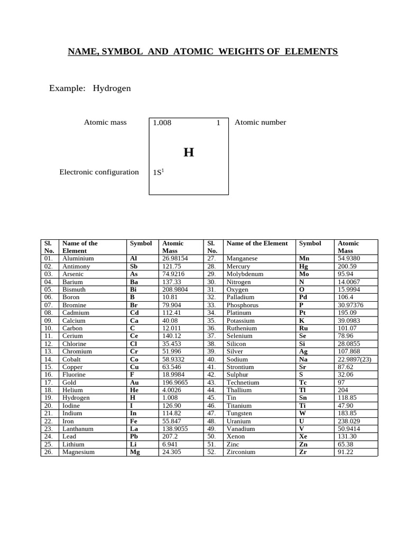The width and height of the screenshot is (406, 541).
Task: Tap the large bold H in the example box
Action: pos(189,153)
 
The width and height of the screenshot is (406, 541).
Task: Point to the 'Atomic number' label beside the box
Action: pos(260,123)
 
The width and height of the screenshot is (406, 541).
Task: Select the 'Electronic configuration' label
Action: pos(99,172)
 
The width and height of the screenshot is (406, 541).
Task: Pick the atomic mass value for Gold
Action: pos(175,383)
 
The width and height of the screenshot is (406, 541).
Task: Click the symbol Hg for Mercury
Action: pos(304,266)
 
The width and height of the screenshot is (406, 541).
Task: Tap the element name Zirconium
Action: pos(241,452)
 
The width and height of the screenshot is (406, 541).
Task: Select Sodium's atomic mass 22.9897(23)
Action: pos(354,359)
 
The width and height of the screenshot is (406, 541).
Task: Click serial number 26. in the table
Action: pos(49,452)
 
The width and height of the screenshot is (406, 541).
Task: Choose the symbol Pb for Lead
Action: pos(134,437)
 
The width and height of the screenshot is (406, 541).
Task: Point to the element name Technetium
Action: pos(243,383)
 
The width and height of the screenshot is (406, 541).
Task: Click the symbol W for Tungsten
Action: pos(302,413)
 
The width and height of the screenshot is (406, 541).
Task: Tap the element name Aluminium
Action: pos(78,259)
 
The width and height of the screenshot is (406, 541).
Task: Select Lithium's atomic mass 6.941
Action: pos(170,444)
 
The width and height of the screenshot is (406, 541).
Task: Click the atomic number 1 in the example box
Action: pos(218,123)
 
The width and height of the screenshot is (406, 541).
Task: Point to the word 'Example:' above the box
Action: pos(67,88)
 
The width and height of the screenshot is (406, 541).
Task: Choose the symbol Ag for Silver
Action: pos(303,351)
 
